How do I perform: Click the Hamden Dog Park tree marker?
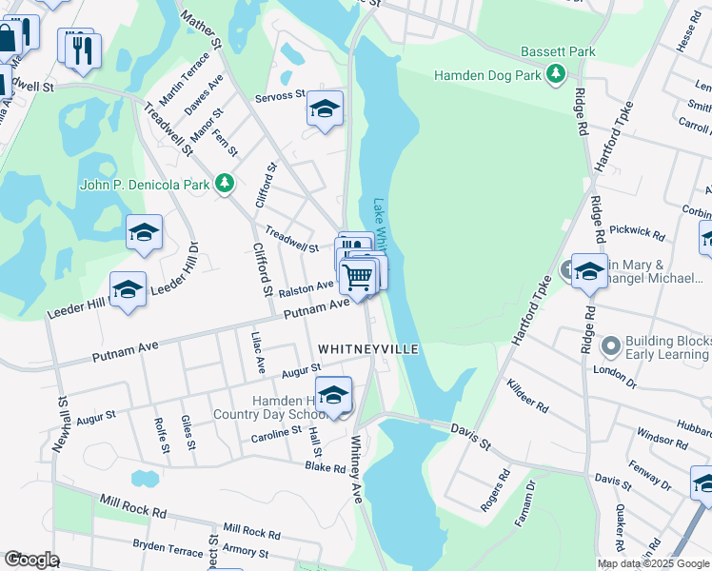coord(555,74)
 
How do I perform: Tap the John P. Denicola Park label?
coord(146,185)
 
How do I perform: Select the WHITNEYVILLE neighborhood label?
coord(367,350)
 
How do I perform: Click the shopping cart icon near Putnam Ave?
coord(358,277)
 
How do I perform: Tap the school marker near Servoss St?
coord(325,110)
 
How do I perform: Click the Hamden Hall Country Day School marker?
coord(333,396)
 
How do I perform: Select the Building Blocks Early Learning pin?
coord(611,345)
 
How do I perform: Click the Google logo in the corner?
coord(31,560)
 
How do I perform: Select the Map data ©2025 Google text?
coord(653,563)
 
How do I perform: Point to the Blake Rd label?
coord(325,466)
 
